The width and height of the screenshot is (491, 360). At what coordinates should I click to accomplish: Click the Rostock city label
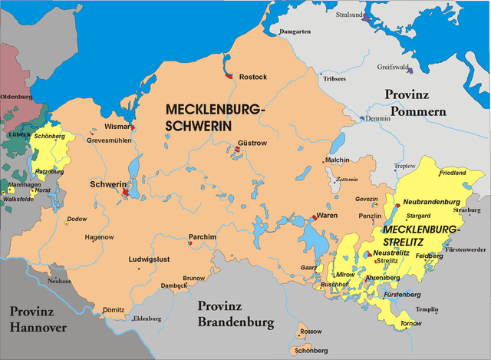click(253, 78)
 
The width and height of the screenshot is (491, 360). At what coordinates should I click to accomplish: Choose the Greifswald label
click(394, 67)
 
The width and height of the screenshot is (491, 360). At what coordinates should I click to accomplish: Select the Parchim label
click(203, 236)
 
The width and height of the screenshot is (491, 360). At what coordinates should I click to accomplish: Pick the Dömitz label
click(113, 310)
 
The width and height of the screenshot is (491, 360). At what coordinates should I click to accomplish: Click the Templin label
click(427, 309)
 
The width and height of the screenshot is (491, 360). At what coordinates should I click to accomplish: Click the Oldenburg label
click(16, 97)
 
